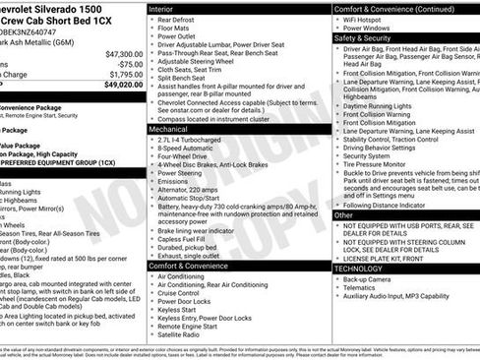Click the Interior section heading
(161, 8)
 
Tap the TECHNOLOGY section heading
(358, 268)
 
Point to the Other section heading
(343, 214)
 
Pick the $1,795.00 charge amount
(126, 74)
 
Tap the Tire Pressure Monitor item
(383, 164)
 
